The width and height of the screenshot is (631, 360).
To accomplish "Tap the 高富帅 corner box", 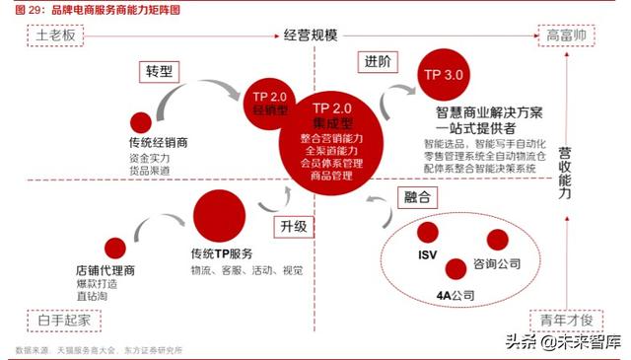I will (567, 36).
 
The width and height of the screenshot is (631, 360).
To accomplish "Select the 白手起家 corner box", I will (58, 319).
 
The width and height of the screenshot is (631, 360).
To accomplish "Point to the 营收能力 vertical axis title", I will (565, 174).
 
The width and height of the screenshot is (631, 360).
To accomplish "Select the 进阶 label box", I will (377, 62).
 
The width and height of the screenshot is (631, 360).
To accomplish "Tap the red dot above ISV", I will (427, 233).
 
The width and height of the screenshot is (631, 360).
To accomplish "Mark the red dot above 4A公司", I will (456, 267).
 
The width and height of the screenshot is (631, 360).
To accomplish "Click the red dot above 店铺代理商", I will (115, 248).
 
